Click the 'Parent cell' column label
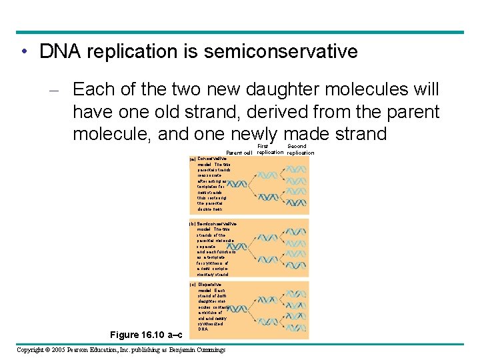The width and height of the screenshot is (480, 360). click(238, 153)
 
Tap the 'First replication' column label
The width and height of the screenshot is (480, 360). click(270, 149)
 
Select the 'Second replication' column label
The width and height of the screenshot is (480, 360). click(300, 149)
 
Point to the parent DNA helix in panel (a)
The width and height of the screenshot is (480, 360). click(239, 179)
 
